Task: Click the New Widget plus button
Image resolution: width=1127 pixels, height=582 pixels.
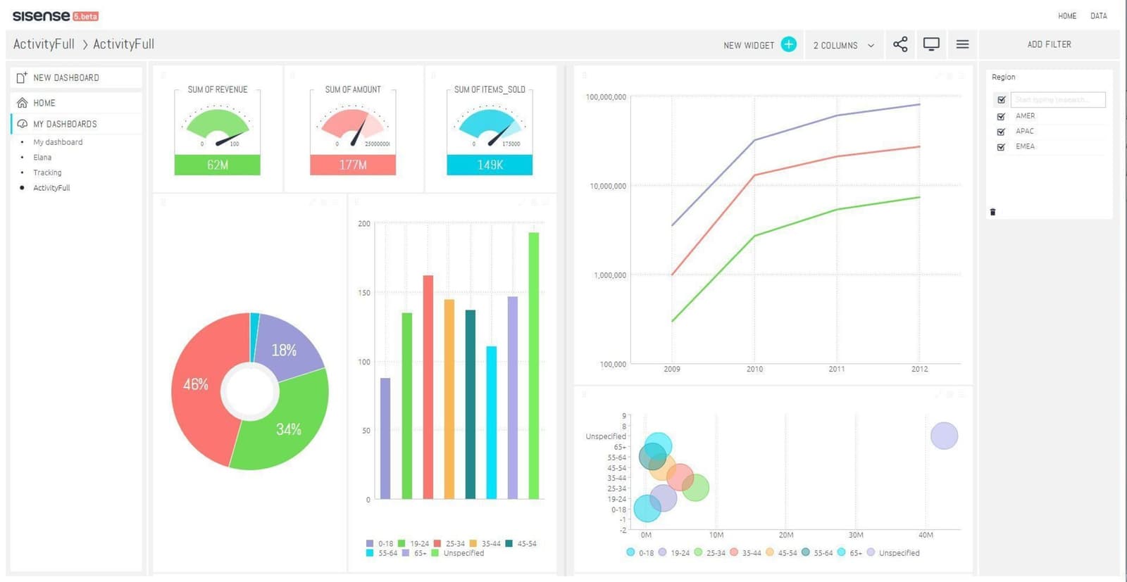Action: [x=789, y=44]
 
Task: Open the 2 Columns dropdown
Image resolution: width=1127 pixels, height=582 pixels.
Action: [x=843, y=45]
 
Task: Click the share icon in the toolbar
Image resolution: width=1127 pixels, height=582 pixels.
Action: [x=899, y=44]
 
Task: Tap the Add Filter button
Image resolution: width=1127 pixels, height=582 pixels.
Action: [x=1048, y=44]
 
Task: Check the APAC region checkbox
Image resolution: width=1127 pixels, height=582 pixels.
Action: [x=1001, y=132]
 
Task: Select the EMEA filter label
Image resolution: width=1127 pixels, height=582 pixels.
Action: [x=1025, y=146]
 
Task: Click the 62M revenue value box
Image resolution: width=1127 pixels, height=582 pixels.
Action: [x=217, y=165]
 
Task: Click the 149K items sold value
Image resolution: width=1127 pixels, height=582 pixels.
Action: [x=490, y=165]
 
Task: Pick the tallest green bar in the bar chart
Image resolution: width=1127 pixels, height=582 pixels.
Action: [x=533, y=366]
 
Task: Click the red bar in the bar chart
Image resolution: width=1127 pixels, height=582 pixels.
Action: [x=428, y=387]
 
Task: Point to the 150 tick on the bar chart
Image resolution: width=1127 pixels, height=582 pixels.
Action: [x=364, y=293]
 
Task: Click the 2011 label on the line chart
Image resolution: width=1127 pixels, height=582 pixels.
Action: [x=836, y=369]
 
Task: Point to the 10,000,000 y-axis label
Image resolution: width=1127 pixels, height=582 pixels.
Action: [x=607, y=186]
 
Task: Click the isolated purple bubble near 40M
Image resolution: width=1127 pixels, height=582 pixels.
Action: [x=944, y=436]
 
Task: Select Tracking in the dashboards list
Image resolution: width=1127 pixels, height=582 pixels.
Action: [x=47, y=172]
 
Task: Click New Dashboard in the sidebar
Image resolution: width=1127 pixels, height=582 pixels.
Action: [x=66, y=77]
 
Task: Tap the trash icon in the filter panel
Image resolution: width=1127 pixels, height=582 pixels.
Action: [x=992, y=212]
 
